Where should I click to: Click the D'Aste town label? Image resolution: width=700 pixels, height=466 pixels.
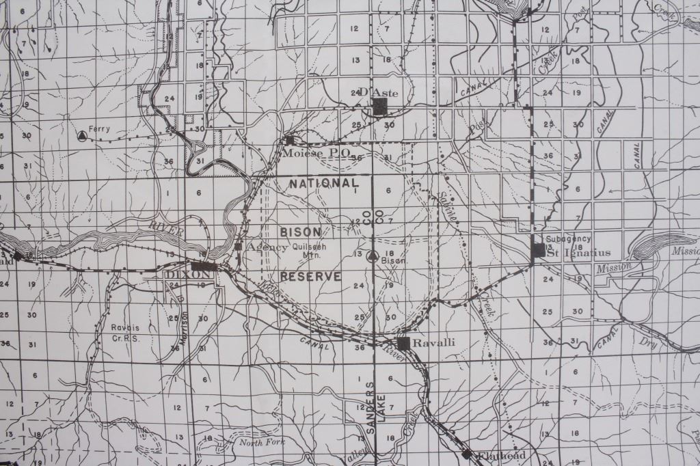pos(373,92)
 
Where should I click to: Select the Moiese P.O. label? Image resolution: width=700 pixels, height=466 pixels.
pos(316,152)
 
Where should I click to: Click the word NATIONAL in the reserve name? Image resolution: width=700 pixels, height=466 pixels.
pos(324,183)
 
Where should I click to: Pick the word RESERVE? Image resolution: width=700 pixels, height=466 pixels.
pos(310,276)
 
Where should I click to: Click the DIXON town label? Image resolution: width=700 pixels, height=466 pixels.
pos(180,273)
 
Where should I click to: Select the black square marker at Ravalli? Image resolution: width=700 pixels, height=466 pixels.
pos(403,344)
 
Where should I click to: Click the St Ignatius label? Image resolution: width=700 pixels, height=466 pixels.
pos(573,253)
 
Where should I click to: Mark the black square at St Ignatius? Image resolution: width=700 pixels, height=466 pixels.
pos(539,250)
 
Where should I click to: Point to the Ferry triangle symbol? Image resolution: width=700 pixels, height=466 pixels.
pos(83,135)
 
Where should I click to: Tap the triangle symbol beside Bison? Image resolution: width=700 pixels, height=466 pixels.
pos(372,257)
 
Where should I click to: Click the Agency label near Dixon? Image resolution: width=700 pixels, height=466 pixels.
pos(265,246)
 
